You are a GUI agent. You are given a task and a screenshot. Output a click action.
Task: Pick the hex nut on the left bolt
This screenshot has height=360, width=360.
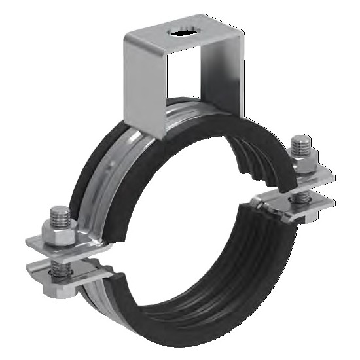(x=55, y=229)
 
